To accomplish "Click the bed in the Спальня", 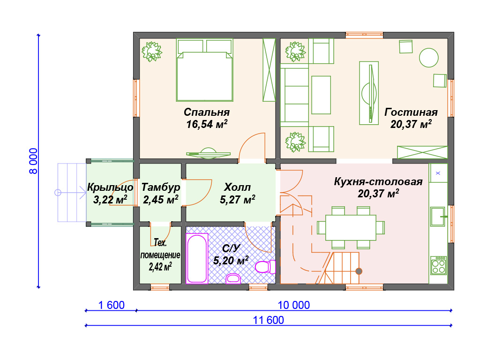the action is coord(204,70).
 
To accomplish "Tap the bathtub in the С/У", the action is coord(197,258).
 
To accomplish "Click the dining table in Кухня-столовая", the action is coord(351,227).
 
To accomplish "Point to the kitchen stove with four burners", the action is coord(439,265).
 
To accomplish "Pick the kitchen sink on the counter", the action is coord(438,217).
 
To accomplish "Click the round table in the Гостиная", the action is coord(428,58).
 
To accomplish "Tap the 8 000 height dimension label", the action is coord(33,161).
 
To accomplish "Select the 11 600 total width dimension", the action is coord(269,320).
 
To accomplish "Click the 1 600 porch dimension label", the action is coord(112,305).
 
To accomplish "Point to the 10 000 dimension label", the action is coord(294,305).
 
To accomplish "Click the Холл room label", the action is coord(237,187).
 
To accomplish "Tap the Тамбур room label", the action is coord(161,187).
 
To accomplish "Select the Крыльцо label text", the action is coord(110,187).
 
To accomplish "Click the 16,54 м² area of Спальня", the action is coord(207,124).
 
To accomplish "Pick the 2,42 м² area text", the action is coord(160,267).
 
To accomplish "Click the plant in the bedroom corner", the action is coord(151,52).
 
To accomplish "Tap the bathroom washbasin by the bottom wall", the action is coord(233,278).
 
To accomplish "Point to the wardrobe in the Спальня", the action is coord(269,70).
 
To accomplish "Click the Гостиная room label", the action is coord(411,112).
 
